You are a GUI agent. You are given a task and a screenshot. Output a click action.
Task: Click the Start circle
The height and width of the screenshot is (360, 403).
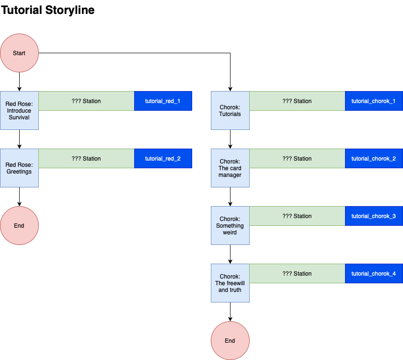click(19, 53)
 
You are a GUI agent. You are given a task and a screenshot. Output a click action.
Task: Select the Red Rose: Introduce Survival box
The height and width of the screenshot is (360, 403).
click(19, 111)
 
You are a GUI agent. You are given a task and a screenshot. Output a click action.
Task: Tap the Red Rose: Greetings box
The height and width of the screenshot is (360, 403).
click(19, 168)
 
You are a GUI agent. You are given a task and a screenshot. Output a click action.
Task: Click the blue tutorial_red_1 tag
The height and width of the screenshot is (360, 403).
click(163, 101)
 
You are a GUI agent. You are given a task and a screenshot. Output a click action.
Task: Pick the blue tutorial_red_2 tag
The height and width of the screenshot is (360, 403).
click(163, 158)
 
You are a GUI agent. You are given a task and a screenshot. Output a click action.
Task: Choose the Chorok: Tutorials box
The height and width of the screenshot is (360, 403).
click(230, 111)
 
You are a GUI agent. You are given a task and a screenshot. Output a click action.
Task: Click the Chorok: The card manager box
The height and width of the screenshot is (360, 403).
click(230, 168)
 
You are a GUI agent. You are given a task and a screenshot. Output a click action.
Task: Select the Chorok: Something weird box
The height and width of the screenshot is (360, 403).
click(230, 225)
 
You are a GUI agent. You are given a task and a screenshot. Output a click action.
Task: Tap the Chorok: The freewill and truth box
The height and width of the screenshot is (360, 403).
click(230, 283)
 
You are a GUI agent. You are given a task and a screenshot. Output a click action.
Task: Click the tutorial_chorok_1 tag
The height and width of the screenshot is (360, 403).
click(374, 101)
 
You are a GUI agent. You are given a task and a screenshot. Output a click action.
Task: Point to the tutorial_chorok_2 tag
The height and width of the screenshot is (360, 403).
click(374, 158)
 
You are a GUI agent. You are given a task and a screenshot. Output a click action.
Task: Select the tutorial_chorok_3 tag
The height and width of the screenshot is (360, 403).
click(374, 216)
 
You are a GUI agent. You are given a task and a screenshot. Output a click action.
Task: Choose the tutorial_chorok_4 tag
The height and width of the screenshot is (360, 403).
click(374, 274)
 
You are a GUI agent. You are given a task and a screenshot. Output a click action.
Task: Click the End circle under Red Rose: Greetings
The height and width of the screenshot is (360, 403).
click(19, 225)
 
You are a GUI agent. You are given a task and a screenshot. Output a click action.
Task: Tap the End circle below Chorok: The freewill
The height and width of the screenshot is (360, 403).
click(230, 341)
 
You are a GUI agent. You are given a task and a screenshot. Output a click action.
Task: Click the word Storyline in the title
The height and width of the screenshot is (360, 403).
click(70, 10)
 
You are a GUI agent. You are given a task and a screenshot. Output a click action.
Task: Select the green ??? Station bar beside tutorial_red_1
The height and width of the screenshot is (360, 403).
click(86, 101)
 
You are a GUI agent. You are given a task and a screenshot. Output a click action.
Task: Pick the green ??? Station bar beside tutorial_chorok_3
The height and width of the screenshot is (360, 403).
click(297, 216)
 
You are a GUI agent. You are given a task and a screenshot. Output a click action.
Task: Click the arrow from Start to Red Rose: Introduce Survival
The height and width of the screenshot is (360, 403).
click(19, 82)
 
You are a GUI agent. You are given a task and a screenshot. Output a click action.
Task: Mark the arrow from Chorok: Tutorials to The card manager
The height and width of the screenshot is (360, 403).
click(230, 139)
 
